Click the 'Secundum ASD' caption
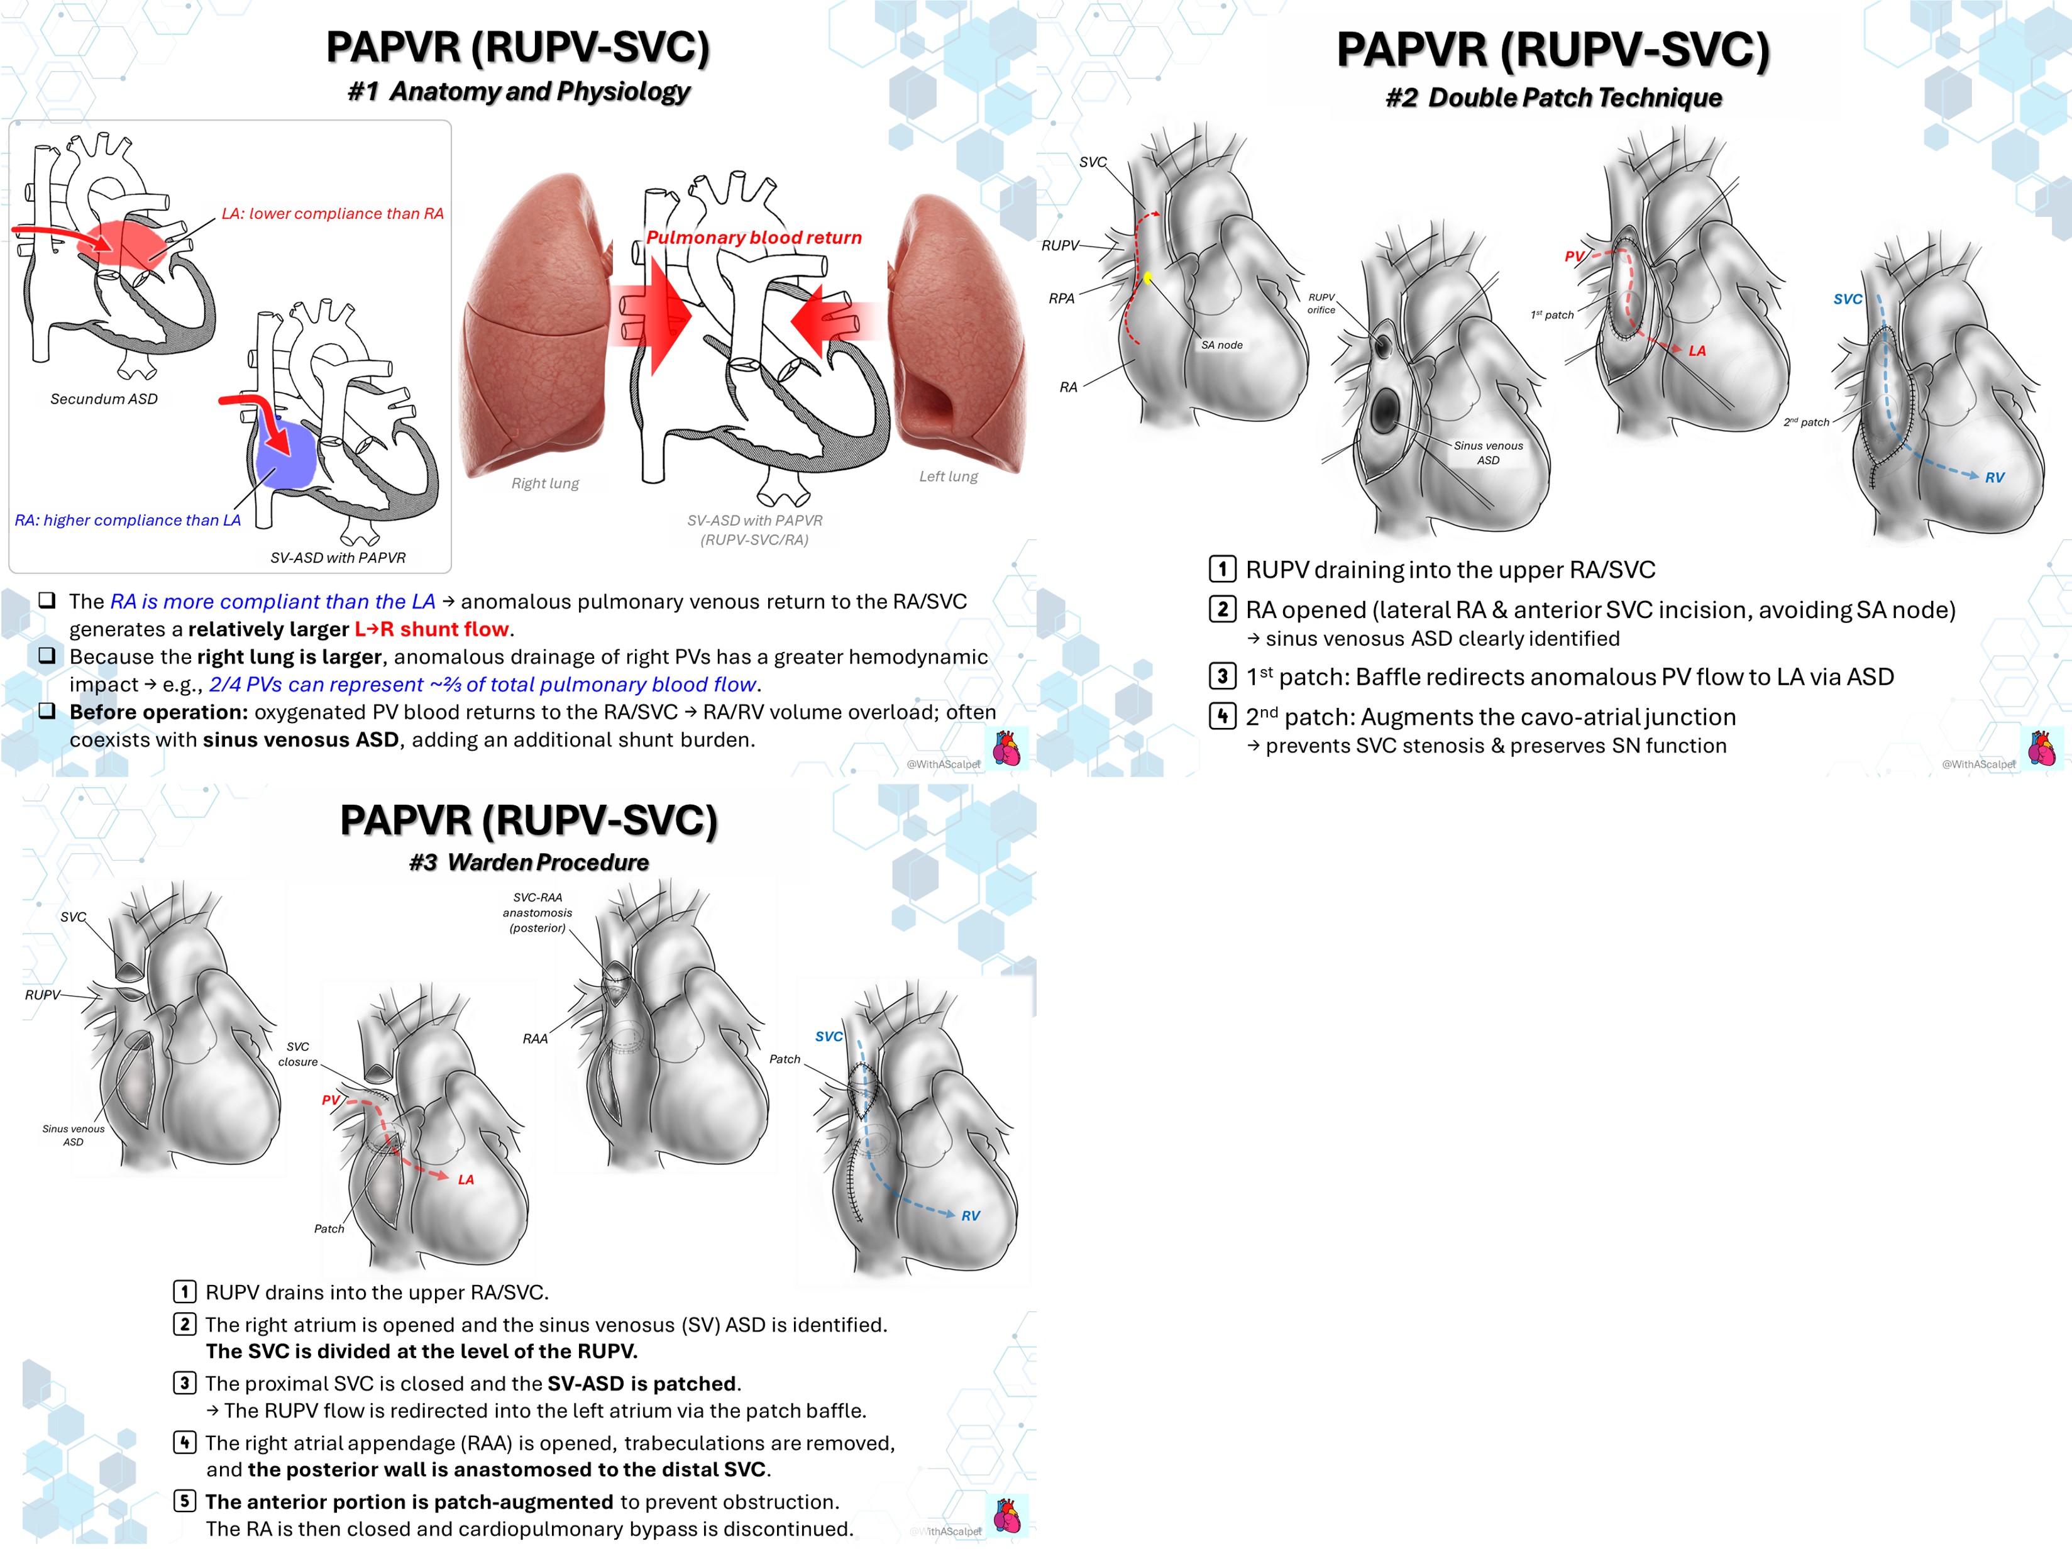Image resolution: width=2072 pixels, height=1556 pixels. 104,399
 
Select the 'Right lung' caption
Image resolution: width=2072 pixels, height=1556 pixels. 545,483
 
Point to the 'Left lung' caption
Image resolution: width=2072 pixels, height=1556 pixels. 948,476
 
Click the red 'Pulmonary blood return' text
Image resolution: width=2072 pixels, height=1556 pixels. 754,238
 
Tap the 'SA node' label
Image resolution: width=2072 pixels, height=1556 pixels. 1221,345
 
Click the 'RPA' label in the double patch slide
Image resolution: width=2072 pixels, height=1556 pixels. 1061,299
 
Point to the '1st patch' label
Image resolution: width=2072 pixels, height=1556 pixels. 1552,315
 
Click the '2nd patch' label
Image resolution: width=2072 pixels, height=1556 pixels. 1807,422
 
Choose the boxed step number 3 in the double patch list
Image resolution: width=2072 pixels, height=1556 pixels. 1221,676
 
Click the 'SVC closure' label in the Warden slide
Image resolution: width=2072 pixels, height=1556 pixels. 298,1054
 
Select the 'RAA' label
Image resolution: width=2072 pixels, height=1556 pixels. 535,1039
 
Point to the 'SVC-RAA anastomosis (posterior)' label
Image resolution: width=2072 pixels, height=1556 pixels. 537,912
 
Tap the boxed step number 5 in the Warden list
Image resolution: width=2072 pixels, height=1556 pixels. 185,1501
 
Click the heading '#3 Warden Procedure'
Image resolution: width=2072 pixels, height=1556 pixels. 529,862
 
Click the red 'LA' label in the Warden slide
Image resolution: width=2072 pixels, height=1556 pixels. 466,1179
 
